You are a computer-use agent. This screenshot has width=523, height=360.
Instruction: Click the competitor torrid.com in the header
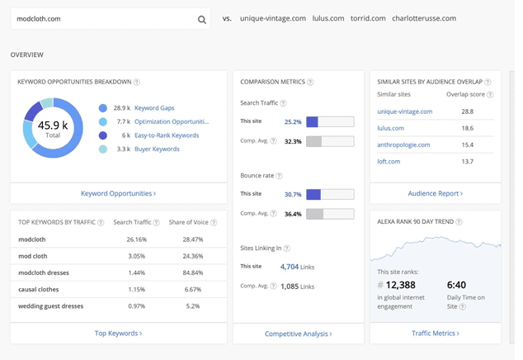click(367, 18)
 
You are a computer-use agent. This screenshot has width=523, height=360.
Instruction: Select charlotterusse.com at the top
click(424, 18)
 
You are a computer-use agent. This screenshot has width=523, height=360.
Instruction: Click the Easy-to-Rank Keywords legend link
click(167, 135)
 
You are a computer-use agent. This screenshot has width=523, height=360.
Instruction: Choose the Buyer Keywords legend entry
click(157, 149)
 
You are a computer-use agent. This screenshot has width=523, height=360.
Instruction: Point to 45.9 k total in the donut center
click(53, 128)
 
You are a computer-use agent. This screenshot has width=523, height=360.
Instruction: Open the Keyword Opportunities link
click(118, 193)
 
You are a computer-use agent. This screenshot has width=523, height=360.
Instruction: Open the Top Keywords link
click(118, 334)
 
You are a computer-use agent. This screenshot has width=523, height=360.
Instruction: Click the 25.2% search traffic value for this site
click(292, 122)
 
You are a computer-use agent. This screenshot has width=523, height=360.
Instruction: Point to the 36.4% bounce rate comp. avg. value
click(292, 214)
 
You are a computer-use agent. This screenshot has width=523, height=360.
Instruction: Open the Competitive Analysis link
click(298, 334)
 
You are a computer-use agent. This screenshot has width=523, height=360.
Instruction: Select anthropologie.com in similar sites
click(403, 144)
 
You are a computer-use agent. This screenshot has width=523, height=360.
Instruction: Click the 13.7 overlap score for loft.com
click(468, 162)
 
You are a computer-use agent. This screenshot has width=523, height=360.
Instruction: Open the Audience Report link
click(435, 193)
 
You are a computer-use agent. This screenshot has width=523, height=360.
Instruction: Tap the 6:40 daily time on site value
click(458, 286)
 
